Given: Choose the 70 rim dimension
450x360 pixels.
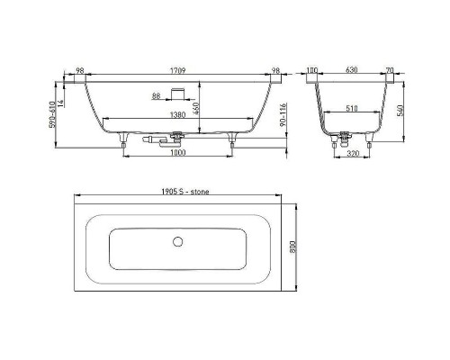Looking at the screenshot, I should (390, 71).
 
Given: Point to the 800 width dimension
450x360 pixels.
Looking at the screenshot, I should (293, 247).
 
